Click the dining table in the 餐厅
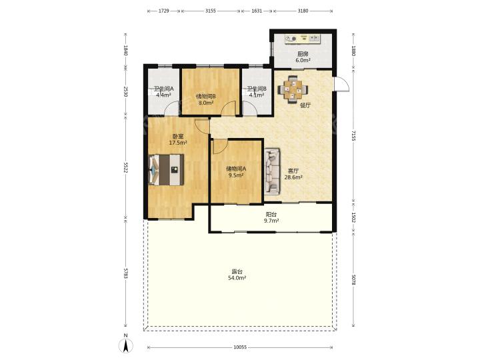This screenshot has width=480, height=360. [x=293, y=89]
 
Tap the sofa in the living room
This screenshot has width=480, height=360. [x=272, y=171]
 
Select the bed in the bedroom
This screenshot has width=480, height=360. [x=166, y=169]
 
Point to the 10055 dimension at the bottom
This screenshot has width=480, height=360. [x=240, y=347]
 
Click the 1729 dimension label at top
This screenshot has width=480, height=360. [x=164, y=11]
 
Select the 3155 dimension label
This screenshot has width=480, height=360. [x=211, y=11]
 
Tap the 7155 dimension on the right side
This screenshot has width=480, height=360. [x=353, y=135]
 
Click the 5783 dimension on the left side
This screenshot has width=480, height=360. [x=125, y=273]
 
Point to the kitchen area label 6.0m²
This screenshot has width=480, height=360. [x=303, y=60]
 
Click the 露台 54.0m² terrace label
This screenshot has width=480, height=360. [x=237, y=275]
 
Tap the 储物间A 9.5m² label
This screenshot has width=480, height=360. [x=236, y=172]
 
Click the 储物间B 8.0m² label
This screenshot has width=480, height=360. [x=206, y=99]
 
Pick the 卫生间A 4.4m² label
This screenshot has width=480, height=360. [x=163, y=92]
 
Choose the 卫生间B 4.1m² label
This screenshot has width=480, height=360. [x=257, y=92]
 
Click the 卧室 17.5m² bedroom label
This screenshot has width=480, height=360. [x=178, y=139]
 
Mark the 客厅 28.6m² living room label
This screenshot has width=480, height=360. [x=293, y=174]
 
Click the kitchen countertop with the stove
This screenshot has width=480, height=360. [x=303, y=39]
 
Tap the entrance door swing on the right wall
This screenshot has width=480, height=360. [x=341, y=83]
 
